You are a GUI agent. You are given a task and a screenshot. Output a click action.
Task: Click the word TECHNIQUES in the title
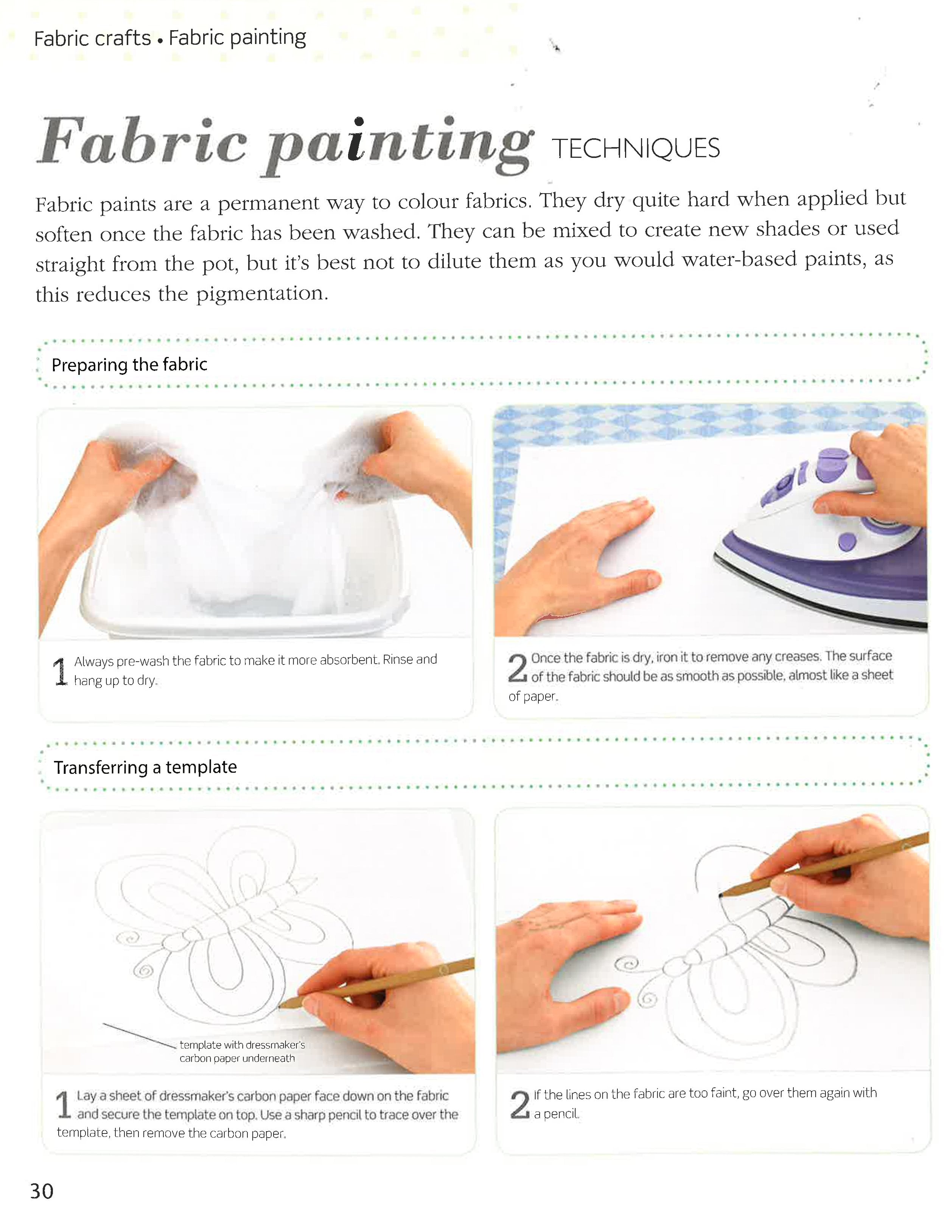coord(636,149)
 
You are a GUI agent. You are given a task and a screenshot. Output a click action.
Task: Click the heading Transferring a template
coord(145,767)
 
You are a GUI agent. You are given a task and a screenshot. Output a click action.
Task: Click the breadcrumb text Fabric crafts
coord(92,38)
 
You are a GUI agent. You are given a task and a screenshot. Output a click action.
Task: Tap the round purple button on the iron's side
coord(847,540)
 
